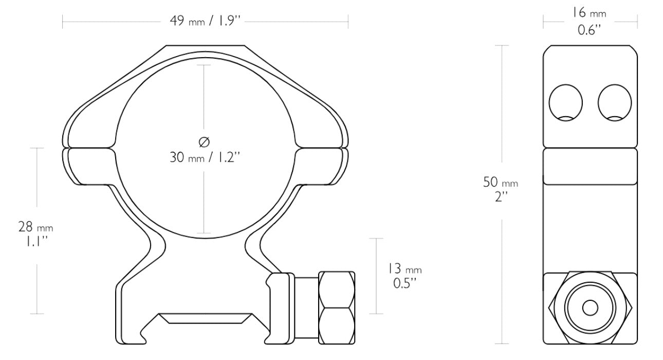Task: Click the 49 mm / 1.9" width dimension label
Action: (205, 22)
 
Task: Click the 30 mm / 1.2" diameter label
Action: (205, 157)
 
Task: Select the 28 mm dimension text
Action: (35, 227)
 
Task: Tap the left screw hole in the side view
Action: (565, 102)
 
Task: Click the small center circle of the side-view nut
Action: (590, 308)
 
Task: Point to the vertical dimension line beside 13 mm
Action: (377, 276)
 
